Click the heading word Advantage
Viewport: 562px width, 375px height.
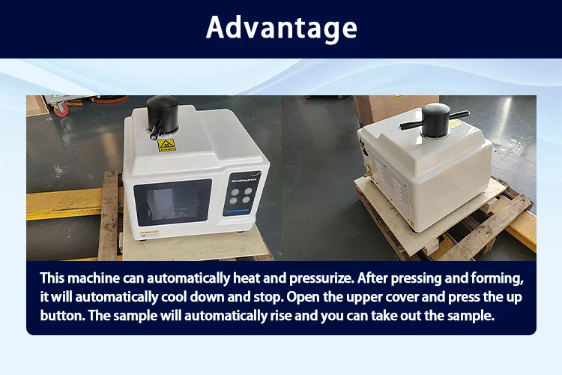point(281,28)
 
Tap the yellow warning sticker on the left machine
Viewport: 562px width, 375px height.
point(166,145)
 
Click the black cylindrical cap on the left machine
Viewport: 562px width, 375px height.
point(163,114)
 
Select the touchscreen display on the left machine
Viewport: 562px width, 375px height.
point(173,202)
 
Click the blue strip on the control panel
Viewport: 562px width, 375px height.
point(237,211)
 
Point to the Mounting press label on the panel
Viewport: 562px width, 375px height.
point(244,180)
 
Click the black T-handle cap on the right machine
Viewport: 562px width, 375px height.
point(435,120)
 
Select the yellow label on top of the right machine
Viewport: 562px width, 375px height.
point(455,124)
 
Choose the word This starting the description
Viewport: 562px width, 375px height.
point(52,278)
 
